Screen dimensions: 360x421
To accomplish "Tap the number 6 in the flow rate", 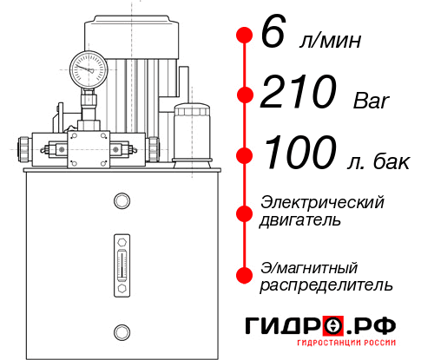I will pos(272,36).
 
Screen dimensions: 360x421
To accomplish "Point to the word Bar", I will pos(372,101).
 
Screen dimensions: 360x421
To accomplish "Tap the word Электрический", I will pos(322,202).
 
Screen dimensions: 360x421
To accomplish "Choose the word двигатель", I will pos(300,220).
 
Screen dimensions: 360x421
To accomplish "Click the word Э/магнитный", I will pos(310,266).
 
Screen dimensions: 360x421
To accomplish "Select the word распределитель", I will pos(326,285).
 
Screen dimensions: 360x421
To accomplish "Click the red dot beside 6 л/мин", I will pos(244,36).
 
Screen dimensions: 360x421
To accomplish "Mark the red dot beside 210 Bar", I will pos(244,95).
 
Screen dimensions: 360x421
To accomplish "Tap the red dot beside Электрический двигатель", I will pos(244,212).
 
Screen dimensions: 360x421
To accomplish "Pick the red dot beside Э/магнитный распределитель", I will pos(244,275).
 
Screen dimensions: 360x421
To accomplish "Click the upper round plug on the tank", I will pos(122,202).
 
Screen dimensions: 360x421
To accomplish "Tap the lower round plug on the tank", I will pos(122,330).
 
